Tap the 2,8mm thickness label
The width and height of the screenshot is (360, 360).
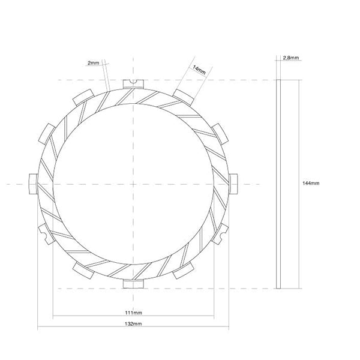[x=290, y=58]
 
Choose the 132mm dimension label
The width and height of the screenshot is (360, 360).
[x=133, y=323]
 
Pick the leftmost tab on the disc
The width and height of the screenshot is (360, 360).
[x=33, y=182]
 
